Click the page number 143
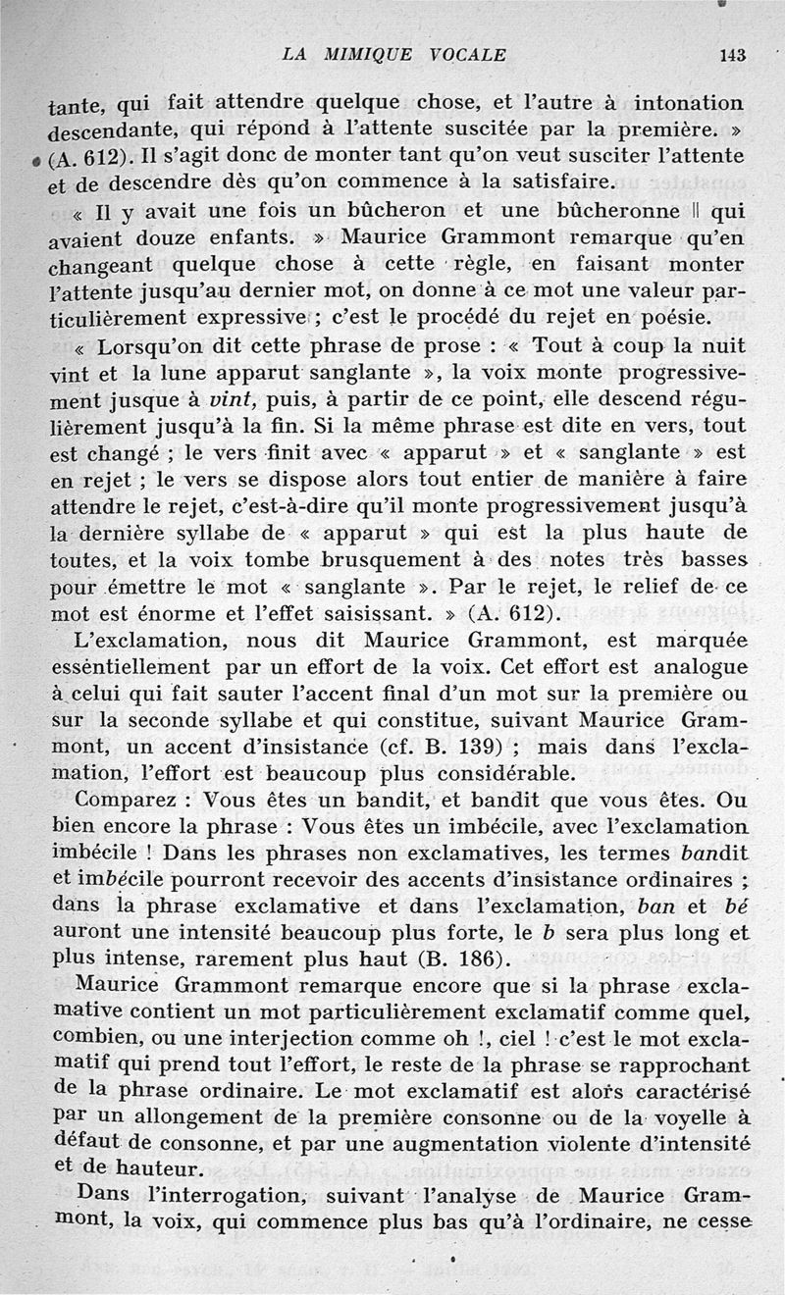(x=732, y=56)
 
